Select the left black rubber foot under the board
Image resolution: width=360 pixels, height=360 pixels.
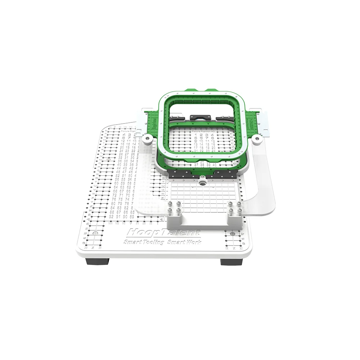tap(97, 261)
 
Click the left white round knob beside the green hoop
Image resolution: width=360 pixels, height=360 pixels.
tap(147, 139)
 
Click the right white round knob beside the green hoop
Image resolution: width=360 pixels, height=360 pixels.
tap(257, 138)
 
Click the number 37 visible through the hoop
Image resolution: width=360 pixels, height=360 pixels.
tap(196, 165)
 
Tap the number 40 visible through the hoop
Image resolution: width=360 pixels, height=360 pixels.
tap(215, 165)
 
